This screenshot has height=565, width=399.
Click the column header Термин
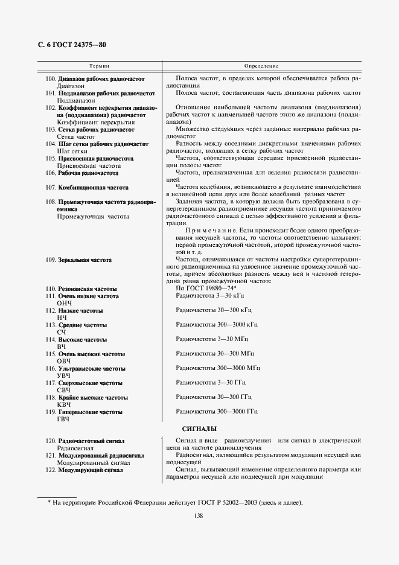point(99,65)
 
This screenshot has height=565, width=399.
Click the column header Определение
point(261,65)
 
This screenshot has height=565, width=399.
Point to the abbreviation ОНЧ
point(63,303)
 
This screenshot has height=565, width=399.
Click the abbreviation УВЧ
point(63,375)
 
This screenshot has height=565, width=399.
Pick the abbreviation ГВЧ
point(63,419)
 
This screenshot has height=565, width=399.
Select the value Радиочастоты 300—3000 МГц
point(218,368)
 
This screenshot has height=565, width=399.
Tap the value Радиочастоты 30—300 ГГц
point(213,397)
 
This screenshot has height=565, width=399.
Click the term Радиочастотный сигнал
point(92,442)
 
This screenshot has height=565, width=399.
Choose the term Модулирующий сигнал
point(90,470)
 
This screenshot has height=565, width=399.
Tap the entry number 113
point(50,325)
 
